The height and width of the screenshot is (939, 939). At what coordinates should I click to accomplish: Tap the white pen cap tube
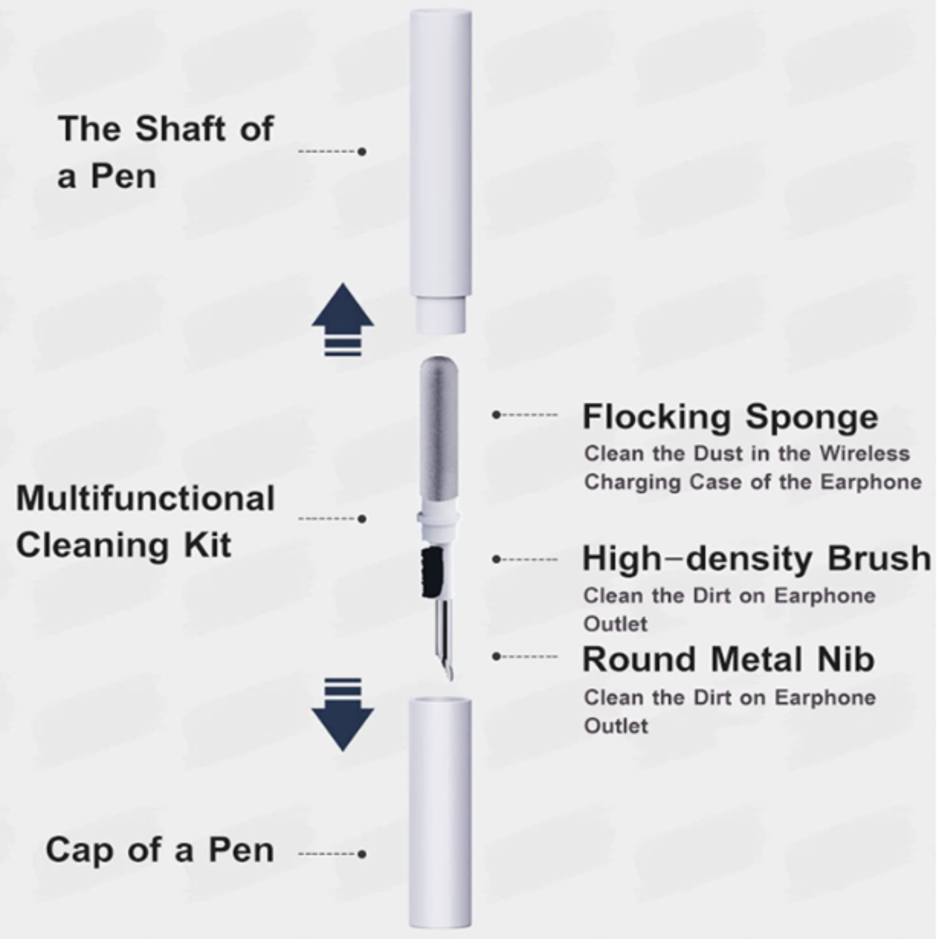tap(440, 814)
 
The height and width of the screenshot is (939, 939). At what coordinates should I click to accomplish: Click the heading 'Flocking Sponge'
tap(730, 418)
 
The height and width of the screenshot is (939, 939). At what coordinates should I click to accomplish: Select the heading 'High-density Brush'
tap(757, 558)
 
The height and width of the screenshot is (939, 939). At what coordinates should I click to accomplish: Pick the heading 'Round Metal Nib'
tap(728, 659)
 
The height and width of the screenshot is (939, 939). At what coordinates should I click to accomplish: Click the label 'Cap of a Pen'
tap(160, 850)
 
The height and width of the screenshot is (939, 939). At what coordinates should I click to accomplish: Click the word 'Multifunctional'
tap(145, 498)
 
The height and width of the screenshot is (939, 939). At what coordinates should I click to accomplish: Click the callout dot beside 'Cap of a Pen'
tap(362, 854)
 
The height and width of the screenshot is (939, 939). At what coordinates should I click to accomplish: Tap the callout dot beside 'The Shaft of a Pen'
tap(362, 151)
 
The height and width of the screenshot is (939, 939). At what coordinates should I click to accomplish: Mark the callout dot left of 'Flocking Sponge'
tap(496, 414)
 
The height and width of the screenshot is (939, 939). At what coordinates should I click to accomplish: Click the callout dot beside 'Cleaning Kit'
tap(362, 518)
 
